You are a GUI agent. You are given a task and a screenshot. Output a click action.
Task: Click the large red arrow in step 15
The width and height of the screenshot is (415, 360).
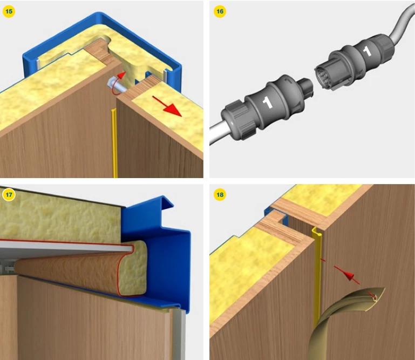point(168,106)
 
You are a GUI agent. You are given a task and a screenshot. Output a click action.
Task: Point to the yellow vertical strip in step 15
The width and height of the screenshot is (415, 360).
point(114,143)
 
